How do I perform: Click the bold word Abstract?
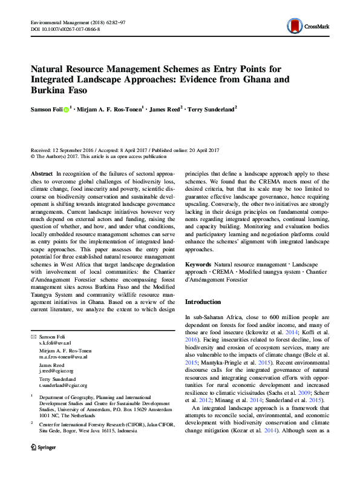click(42, 173)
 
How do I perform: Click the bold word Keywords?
click(198, 265)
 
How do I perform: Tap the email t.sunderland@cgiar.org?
click(63, 385)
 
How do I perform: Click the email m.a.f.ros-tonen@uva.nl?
click(63, 357)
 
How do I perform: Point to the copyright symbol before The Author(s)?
click(33, 156)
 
